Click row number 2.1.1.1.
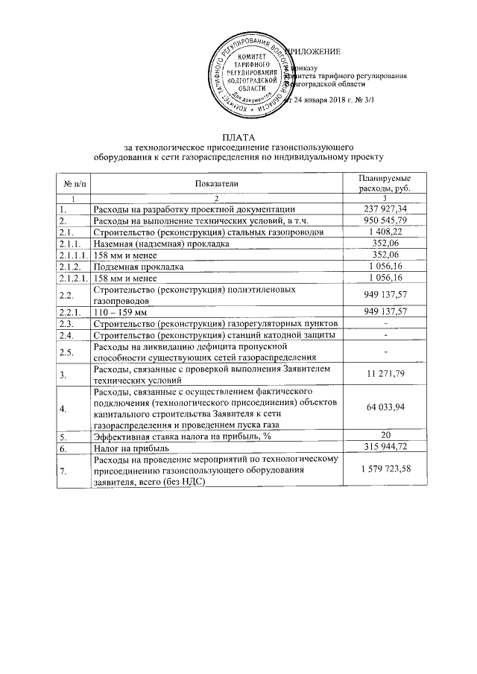[x=72, y=255]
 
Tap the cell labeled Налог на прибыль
[x=132, y=449]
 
